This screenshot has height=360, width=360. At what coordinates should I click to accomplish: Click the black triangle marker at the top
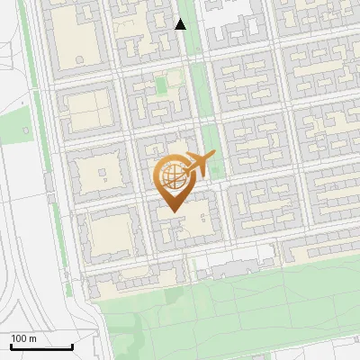[x=181, y=24]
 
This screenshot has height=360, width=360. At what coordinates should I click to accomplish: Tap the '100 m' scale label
[x=24, y=338]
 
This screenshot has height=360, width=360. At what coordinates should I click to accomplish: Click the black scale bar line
[x=41, y=346]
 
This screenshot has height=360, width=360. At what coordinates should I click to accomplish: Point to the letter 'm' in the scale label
[x=32, y=338]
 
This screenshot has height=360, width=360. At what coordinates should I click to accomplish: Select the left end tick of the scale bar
[x=11, y=345]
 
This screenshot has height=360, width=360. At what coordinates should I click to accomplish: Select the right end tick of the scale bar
[x=72, y=345]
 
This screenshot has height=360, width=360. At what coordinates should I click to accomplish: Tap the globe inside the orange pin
[x=170, y=177]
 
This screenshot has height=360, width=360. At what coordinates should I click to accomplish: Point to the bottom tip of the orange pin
[x=171, y=211]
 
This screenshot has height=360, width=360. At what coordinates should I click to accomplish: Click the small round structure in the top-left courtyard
[x=79, y=59]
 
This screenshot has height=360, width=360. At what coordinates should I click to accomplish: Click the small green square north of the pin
[x=162, y=85]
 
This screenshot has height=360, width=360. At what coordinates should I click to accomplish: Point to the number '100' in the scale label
[x=19, y=338]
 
